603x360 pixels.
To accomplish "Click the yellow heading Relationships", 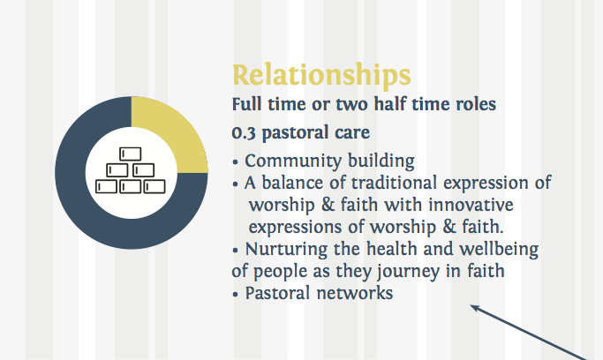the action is point(321,75).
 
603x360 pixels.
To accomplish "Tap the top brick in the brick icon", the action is point(131,154).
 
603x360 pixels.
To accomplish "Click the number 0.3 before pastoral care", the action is point(244,133).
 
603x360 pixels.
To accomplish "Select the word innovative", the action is point(471,205).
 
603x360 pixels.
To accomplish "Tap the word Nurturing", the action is point(286,250).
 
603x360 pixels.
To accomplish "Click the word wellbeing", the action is point(499,250).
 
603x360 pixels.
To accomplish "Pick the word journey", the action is point(408,271).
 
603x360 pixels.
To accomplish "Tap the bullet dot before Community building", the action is point(236,162).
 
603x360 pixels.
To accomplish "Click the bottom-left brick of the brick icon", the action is point(106,187).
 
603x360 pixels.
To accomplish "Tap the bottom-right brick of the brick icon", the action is point(155,187).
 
